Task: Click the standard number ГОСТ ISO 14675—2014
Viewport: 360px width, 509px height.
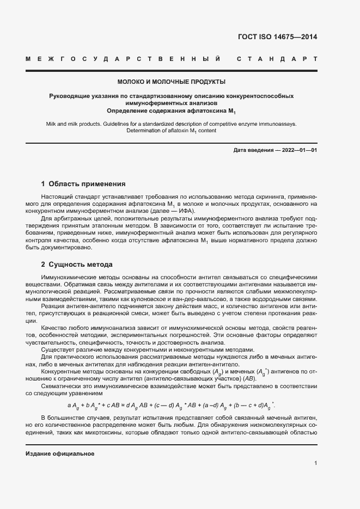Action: coord(277,37)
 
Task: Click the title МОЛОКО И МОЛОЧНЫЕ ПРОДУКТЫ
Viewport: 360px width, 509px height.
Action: coord(171,82)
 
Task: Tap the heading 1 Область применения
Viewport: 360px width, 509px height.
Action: coord(83,184)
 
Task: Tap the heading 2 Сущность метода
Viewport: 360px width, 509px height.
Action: coord(77,265)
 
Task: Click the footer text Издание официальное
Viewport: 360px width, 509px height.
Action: coord(60,453)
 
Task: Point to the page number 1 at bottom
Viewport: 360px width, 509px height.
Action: coord(315,463)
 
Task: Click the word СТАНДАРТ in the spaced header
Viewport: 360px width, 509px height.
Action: coord(277,58)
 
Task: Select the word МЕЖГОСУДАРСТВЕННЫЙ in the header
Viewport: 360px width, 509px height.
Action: coord(123,58)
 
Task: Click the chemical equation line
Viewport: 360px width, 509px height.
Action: coord(171,405)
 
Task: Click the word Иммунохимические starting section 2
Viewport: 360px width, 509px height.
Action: coord(69,278)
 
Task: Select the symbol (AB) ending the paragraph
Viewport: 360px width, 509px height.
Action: coord(248,378)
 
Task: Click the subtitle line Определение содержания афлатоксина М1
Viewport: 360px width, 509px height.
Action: coord(171,111)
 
